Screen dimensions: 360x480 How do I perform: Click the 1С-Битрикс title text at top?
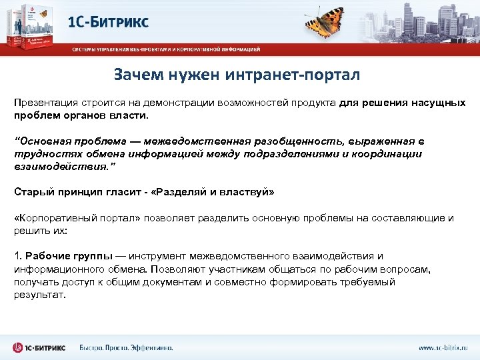[108, 21]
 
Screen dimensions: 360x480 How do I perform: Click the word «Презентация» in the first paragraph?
[45, 103]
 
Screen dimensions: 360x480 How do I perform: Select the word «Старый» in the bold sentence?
[33, 192]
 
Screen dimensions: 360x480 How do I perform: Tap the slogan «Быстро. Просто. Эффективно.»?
[126, 347]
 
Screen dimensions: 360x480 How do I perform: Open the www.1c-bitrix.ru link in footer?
[443, 347]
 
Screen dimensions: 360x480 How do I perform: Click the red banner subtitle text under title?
[167, 49]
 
